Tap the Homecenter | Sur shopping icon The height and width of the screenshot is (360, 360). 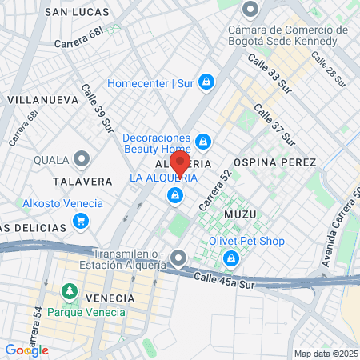click(x=206, y=82)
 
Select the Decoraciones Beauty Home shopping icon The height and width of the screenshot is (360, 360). click(x=203, y=142)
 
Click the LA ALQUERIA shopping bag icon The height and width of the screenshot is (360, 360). click(x=174, y=194)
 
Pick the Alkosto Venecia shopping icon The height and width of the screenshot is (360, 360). click(x=97, y=203)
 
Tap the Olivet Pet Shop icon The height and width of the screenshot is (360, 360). click(x=231, y=258)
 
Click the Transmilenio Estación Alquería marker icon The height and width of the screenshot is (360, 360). click(x=178, y=258)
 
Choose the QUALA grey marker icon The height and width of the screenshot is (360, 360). click(x=82, y=159)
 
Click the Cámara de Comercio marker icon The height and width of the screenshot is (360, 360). click(x=250, y=10)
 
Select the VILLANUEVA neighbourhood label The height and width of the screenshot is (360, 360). click(x=42, y=100)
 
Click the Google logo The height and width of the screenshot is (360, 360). click(x=26, y=350)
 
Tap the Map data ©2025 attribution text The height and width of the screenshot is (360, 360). click(x=325, y=354)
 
